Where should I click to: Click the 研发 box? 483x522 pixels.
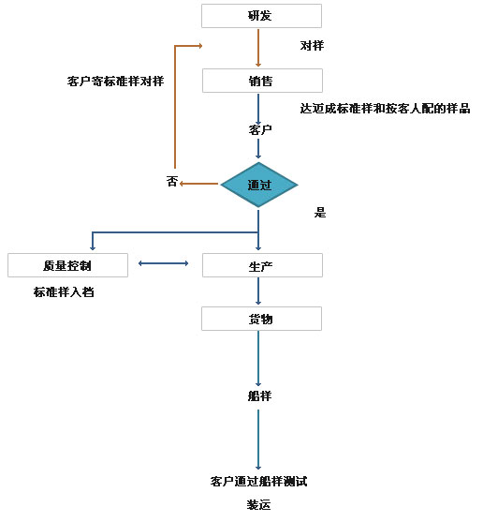261,16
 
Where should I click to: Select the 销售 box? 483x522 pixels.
262,81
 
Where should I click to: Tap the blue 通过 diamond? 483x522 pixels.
259,185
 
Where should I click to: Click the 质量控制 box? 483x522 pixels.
67,265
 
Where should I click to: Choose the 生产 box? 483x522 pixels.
262,265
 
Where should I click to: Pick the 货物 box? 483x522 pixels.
261,319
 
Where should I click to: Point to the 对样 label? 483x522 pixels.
312,46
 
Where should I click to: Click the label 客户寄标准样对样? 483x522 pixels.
116,81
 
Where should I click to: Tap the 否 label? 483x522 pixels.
172,182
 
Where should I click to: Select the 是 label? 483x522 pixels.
320,213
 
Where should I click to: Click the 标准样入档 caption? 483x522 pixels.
64,292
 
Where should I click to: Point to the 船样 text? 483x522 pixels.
259,395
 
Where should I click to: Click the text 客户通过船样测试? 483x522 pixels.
258,481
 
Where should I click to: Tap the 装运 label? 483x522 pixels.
258,505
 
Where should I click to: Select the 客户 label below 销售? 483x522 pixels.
260,129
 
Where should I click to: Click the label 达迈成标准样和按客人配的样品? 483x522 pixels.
385,108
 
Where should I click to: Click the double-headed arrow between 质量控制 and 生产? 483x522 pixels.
163,263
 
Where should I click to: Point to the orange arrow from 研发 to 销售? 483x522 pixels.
258,48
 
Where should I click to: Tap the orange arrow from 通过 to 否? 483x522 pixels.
198,184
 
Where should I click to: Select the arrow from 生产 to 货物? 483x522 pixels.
258,291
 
